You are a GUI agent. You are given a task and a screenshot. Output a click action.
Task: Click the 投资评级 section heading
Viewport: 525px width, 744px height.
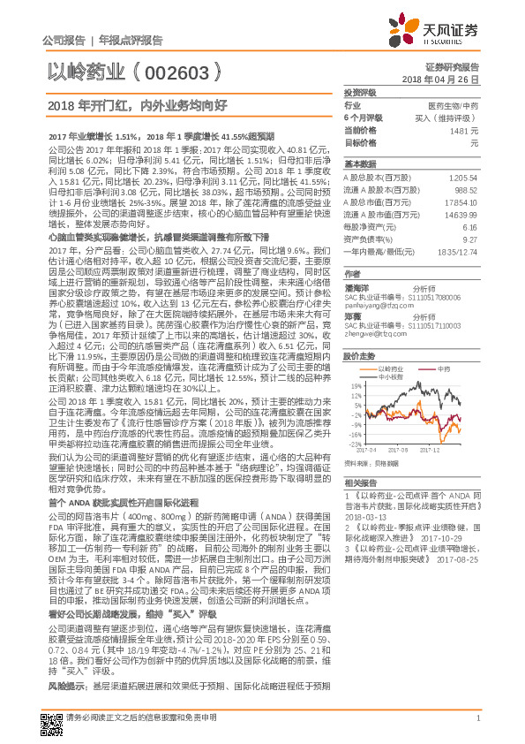(360, 92)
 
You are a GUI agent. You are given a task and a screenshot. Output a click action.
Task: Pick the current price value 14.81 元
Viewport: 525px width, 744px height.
(463, 129)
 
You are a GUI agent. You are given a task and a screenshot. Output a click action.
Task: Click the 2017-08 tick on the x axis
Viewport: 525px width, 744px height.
(411, 451)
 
